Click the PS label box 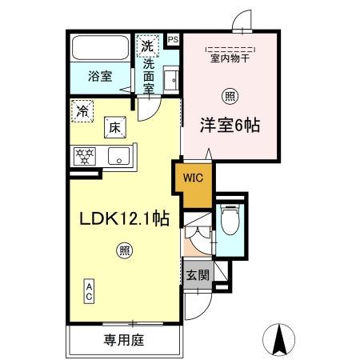[x=173, y=38]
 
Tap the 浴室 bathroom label [x=99, y=77]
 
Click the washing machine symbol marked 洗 [x=147, y=45]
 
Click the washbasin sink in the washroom [x=170, y=79]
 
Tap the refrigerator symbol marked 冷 [x=82, y=111]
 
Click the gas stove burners [x=85, y=155]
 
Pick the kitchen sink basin [x=119, y=155]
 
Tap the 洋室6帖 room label [x=233, y=126]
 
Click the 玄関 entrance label [x=197, y=276]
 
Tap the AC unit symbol [x=90, y=290]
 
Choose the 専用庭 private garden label [x=123, y=340]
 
